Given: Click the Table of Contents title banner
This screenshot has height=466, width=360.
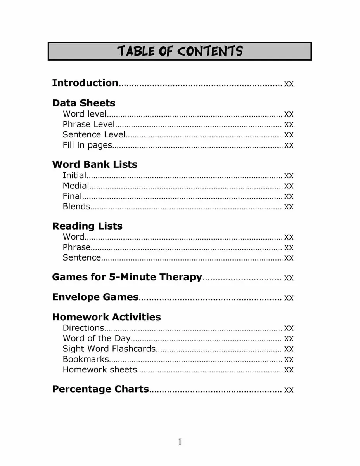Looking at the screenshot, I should tap(180, 51).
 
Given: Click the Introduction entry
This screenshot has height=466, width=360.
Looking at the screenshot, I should tap(85, 83).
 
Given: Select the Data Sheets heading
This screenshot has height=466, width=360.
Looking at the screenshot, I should tap(84, 103).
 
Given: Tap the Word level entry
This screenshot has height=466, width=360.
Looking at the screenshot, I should tap(85, 114).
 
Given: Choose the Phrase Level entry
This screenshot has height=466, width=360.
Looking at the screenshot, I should tap(89, 124).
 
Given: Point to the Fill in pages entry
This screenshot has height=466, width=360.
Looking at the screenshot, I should tap(87, 145).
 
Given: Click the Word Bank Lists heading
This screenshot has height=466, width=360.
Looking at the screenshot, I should tap(95, 165).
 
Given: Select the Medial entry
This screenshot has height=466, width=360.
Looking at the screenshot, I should tap(76, 186).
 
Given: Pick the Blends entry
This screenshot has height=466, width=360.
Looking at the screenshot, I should tap(77, 207).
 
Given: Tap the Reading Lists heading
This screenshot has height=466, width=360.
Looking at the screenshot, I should tap(87, 226).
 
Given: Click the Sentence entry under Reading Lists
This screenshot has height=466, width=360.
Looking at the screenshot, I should tap(82, 257).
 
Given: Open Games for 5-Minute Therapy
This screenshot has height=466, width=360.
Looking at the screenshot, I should tap(127, 277).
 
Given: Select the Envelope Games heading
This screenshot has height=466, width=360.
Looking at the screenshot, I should tap(95, 297).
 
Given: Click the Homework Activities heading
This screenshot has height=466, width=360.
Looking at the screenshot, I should tap(106, 317).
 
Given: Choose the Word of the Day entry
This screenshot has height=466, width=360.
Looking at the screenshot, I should tap(97, 338).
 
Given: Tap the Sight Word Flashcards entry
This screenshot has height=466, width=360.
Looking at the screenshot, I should tap(109, 349).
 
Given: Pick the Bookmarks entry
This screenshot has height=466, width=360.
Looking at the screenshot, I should tap(86, 359).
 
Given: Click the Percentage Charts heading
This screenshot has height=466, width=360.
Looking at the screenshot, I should tap(100, 389).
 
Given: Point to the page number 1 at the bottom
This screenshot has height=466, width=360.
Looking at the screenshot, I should tap(180, 442).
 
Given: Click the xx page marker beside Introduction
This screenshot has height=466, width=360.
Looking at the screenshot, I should tap(289, 83).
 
